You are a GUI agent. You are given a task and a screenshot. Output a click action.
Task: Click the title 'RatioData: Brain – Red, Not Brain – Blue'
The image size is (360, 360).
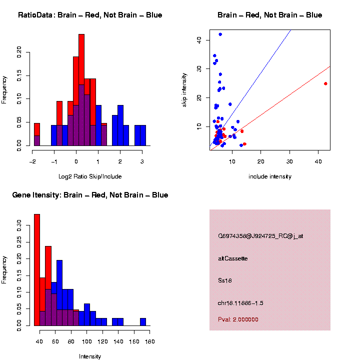pyautogui.click(x=90, y=15)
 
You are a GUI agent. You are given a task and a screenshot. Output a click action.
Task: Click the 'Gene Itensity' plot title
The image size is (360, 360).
pyautogui.click(x=90, y=195)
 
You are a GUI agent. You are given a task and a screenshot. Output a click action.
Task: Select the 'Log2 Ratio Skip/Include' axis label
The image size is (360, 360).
pyautogui.click(x=90, y=176)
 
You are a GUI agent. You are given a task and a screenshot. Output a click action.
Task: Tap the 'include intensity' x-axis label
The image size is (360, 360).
pyautogui.click(x=269, y=176)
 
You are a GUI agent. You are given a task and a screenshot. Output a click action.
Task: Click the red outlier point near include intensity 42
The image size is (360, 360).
pyautogui.click(x=325, y=83)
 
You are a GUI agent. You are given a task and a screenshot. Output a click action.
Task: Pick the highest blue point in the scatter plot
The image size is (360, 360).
pyautogui.click(x=220, y=34)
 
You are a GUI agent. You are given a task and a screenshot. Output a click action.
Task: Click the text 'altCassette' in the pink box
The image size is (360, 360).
pyautogui.click(x=232, y=258)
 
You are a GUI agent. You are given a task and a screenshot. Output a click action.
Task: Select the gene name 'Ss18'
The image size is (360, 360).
pyautogui.click(x=224, y=280)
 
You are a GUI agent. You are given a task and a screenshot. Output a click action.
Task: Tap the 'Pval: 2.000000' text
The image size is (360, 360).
pyautogui.click(x=238, y=319)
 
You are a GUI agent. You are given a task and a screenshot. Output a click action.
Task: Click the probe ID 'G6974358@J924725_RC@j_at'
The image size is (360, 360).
pyautogui.click(x=260, y=236)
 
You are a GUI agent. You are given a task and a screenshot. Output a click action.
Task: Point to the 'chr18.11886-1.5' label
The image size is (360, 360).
pyautogui.click(x=239, y=303)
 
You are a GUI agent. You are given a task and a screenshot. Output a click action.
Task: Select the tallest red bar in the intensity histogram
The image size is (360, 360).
pyautogui.click(x=37, y=270)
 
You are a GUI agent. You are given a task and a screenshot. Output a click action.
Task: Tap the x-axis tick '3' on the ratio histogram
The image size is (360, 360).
pyautogui.click(x=142, y=161)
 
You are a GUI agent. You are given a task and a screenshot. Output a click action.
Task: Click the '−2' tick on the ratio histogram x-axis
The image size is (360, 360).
pyautogui.click(x=32, y=161)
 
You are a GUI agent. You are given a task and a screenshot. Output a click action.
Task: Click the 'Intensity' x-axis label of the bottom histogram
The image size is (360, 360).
pyautogui.click(x=90, y=356)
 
